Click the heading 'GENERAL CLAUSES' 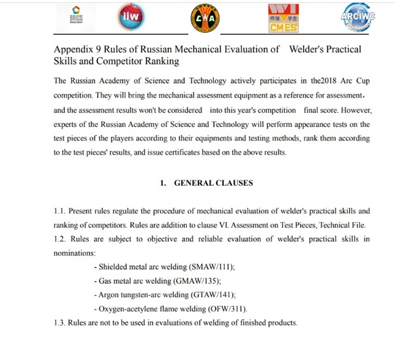[213, 183]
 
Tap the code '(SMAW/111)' [210, 267]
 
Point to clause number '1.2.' [60, 239]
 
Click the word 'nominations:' [75, 252]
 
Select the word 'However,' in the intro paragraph [353, 110]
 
